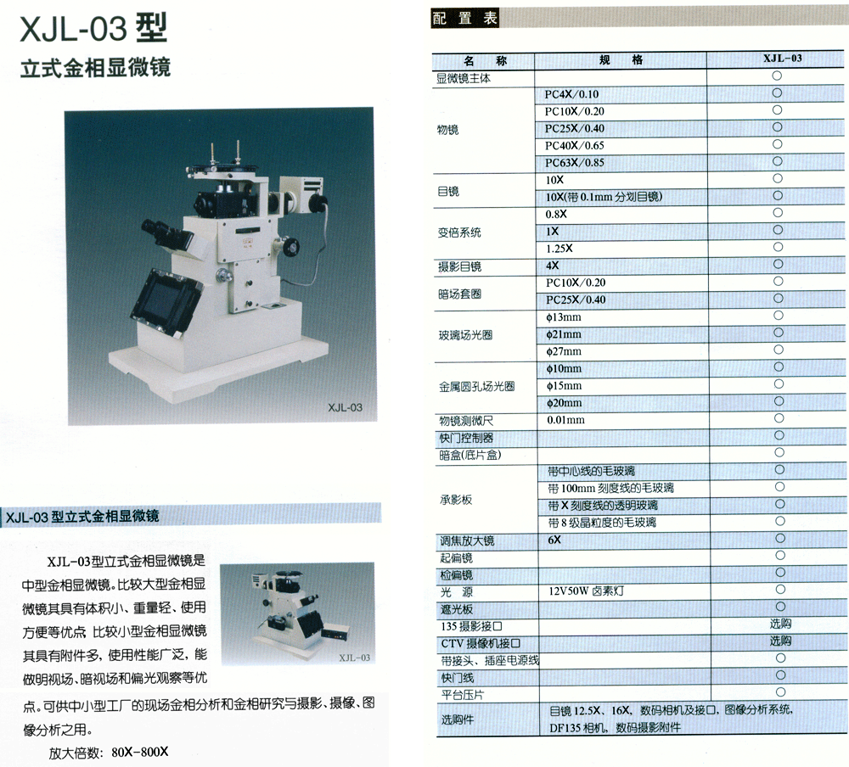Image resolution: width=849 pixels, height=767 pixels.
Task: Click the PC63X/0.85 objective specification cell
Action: [575, 162]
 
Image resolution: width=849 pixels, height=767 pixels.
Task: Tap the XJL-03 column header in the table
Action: [783, 59]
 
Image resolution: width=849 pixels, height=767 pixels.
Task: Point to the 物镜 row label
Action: [447, 130]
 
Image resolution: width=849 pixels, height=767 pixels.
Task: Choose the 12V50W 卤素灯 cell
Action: [586, 591]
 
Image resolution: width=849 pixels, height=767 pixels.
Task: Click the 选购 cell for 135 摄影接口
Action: [780, 624]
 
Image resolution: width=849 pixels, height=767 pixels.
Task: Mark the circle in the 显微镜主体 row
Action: [777, 76]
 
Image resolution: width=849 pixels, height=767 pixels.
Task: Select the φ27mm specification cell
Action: [564, 352]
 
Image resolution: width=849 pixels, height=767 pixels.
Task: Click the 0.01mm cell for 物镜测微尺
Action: [565, 420]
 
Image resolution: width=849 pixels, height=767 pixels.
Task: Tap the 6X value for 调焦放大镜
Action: [554, 540]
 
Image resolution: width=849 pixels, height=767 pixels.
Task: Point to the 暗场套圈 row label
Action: [459, 294]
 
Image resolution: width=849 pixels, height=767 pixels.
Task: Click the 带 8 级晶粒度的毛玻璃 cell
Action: [602, 523]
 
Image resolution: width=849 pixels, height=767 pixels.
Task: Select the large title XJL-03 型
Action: [93, 29]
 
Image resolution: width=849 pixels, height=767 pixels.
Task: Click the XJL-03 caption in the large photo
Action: [345, 407]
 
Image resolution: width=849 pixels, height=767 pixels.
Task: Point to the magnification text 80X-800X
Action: [140, 752]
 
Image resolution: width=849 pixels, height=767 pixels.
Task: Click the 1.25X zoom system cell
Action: [559, 249]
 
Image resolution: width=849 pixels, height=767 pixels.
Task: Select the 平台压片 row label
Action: [463, 695]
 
